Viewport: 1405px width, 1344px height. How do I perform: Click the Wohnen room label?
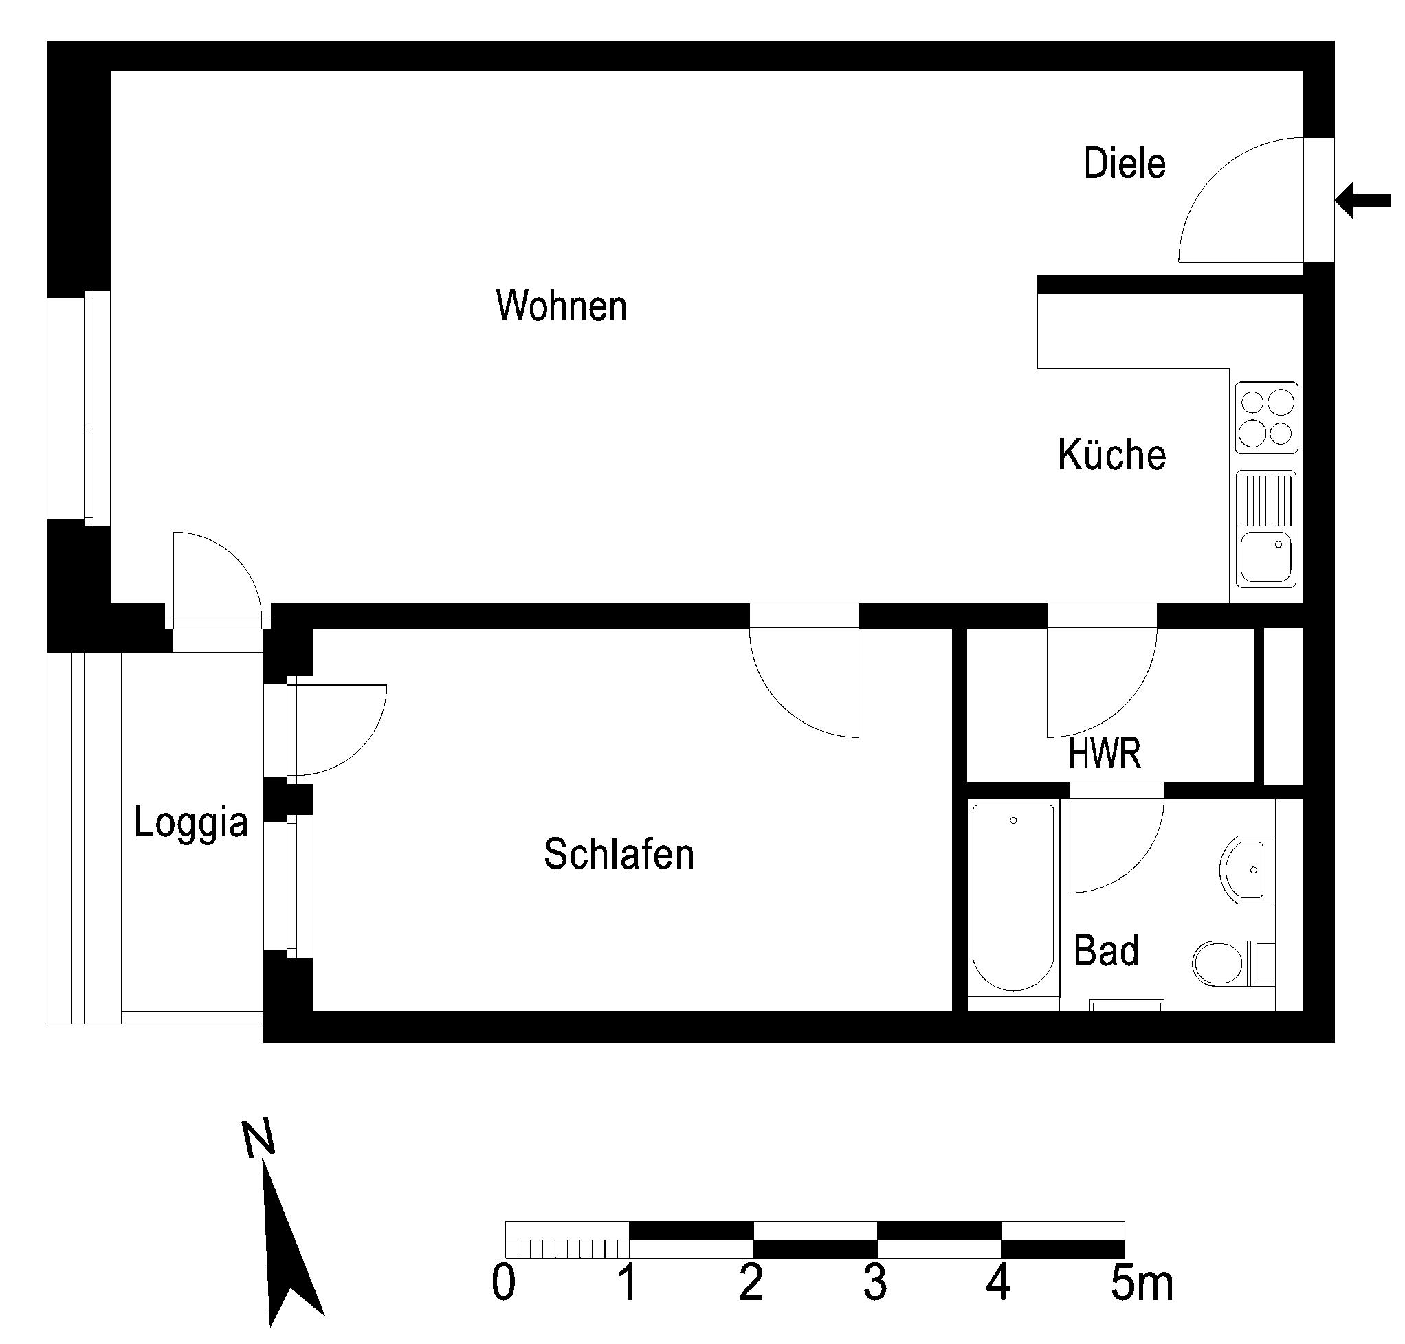(562, 306)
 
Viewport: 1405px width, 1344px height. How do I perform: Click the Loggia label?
(191, 823)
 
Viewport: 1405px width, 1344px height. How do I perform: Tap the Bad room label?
(1106, 951)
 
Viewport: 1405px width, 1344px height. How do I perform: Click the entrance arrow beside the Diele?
(1362, 200)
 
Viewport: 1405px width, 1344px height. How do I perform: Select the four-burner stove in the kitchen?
(1266, 418)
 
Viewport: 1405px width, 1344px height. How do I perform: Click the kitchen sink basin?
(1266, 556)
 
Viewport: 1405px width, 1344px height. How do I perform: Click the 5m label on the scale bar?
(1141, 1283)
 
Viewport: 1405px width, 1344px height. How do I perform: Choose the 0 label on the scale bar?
(503, 1283)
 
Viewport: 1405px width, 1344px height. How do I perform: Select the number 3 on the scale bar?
(875, 1283)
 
